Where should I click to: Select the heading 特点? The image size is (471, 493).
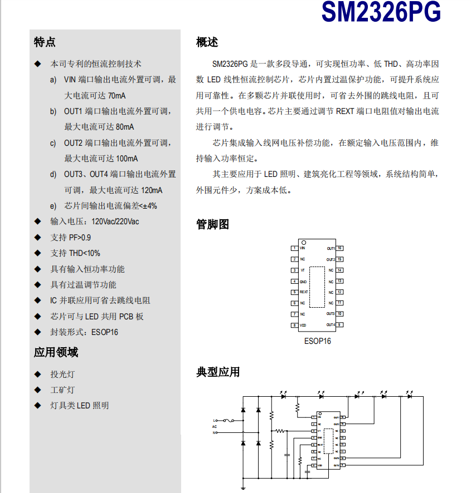[x=45, y=42]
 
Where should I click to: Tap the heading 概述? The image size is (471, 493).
[x=207, y=42]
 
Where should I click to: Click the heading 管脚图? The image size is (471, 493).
[x=212, y=225]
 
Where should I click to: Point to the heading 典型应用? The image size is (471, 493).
[x=218, y=372]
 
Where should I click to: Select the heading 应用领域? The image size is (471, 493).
[x=56, y=352]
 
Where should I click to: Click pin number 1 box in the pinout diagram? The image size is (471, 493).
[x=294, y=248]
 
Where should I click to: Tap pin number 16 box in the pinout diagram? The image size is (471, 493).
[x=339, y=248]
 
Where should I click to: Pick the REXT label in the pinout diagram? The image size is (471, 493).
[x=304, y=292]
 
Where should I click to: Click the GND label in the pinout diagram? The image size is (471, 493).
[x=303, y=282]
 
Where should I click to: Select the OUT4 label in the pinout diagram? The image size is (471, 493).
[x=331, y=325]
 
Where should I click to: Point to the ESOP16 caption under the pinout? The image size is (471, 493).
[x=317, y=341]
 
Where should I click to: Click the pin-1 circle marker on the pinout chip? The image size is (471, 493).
[x=304, y=243]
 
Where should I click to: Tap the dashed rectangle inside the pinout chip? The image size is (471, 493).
[x=317, y=287]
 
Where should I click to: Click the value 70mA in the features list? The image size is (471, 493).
[x=117, y=96]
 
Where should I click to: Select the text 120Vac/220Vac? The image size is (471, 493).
[x=115, y=221]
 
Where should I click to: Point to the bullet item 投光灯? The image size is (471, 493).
[x=62, y=374]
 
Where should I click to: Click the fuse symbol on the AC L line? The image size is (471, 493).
[x=228, y=421]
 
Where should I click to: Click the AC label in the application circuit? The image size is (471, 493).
[x=214, y=426]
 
